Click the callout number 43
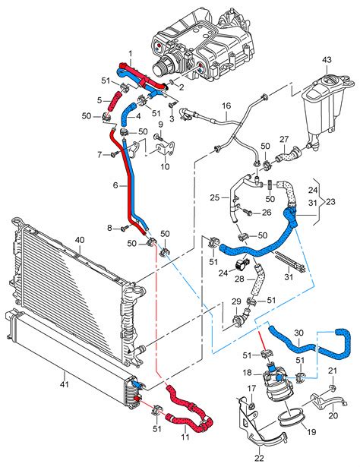coord(327,60)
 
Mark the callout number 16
coord(226,106)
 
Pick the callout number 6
coord(115,185)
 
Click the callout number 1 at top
coord(130,53)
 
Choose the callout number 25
coord(215,198)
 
